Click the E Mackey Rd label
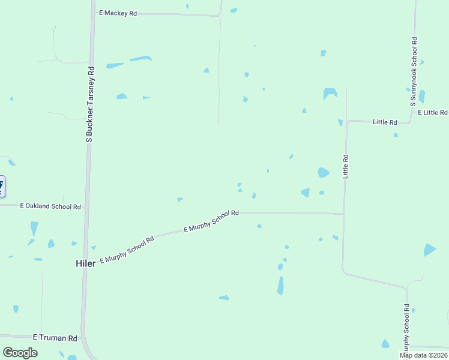click(118, 13)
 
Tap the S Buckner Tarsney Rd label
click(91, 106)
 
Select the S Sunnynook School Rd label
click(414, 72)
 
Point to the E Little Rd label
click(433, 113)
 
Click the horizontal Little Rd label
click(385, 122)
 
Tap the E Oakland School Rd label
click(50, 206)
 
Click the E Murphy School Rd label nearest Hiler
click(127, 250)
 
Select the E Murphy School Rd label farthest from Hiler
click(211, 221)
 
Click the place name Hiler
click(85, 263)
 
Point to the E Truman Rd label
click(55, 338)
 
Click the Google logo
click(20, 353)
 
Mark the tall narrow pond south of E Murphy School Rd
click(280, 285)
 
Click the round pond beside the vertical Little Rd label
click(323, 173)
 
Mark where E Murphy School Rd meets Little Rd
click(343, 214)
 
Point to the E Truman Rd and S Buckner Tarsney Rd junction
click(83, 337)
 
